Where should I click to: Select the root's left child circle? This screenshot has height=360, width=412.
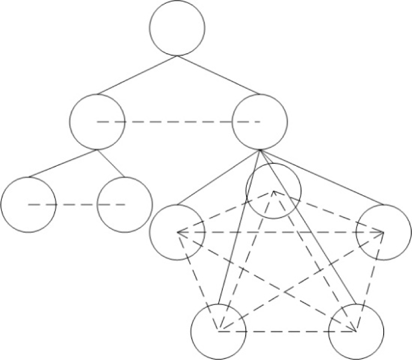[97, 122]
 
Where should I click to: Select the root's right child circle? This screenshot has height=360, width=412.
[259, 122]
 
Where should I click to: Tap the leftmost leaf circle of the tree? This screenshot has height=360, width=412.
[28, 204]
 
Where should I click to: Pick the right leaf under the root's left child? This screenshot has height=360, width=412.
[124, 204]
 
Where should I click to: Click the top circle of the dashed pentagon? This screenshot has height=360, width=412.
[273, 191]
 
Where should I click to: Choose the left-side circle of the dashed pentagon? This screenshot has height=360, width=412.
[177, 233]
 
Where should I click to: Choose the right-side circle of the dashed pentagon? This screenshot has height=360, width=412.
[384, 233]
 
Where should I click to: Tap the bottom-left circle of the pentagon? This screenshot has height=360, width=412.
[219, 331]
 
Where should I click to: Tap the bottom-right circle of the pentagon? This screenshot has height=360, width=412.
[356, 331]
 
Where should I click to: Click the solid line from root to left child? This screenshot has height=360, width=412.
[137, 75]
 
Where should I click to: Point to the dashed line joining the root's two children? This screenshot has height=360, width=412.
[178, 122]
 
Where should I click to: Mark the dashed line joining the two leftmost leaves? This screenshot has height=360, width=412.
[76, 204]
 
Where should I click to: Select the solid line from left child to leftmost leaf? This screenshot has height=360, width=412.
[63, 163]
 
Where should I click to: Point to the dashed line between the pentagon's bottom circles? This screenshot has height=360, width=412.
[287, 331]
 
